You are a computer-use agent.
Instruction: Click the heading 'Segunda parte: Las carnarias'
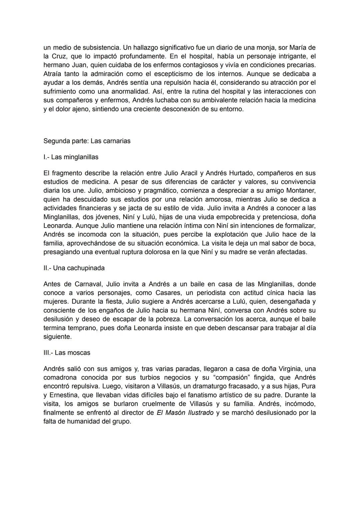87,141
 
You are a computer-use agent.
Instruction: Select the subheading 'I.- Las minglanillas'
71,157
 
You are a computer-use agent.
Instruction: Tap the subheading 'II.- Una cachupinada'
74,268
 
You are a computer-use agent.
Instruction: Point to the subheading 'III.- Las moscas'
67,353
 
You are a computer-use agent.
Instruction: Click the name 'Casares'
168,293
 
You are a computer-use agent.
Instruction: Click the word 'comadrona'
60,378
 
